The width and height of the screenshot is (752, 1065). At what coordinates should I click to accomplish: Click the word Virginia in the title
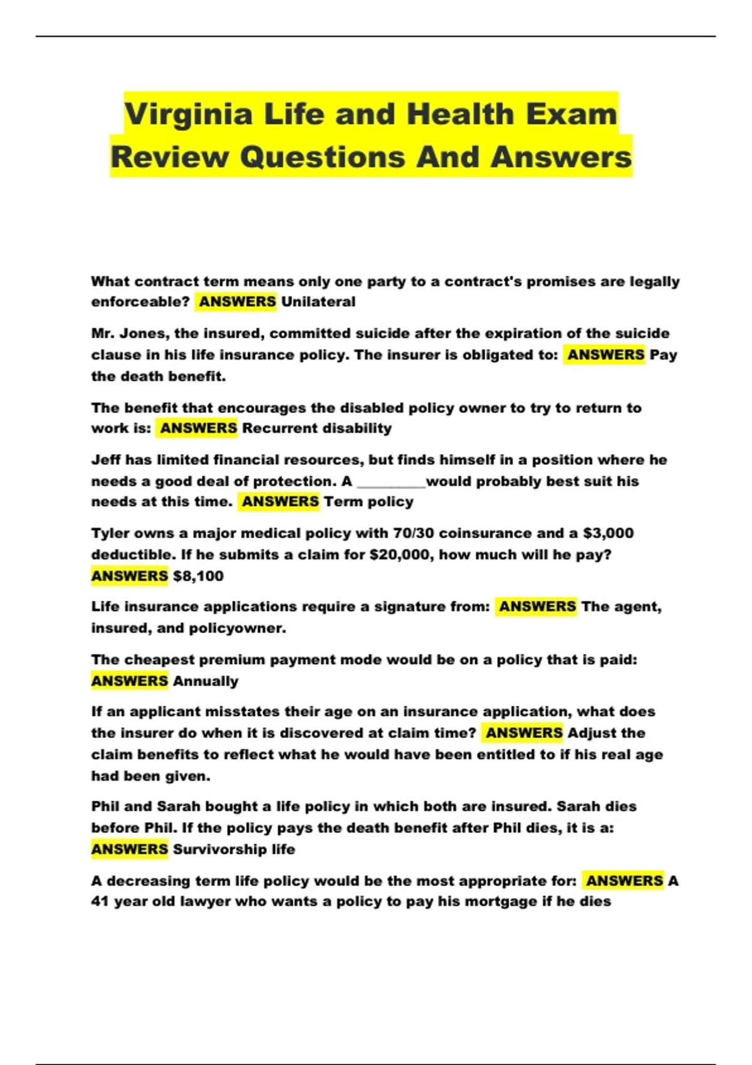pyautogui.click(x=189, y=115)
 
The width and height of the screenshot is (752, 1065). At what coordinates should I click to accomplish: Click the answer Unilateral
pyautogui.click(x=318, y=302)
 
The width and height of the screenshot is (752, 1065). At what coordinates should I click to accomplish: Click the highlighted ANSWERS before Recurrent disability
pyautogui.click(x=198, y=429)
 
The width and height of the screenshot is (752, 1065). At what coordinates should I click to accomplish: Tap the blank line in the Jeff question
pyautogui.click(x=391, y=482)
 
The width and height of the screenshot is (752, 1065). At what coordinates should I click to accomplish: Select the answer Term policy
pyautogui.click(x=368, y=502)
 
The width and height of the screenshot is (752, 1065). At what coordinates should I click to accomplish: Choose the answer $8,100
pyautogui.click(x=198, y=576)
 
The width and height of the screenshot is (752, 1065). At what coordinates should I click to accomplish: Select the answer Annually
pyautogui.click(x=206, y=682)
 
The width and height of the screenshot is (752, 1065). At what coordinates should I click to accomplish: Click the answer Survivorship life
pyautogui.click(x=234, y=850)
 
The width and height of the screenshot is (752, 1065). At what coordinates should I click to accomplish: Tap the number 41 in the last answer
pyautogui.click(x=100, y=902)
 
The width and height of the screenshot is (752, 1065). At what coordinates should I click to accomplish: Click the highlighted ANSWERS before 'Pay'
pyautogui.click(x=605, y=355)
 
